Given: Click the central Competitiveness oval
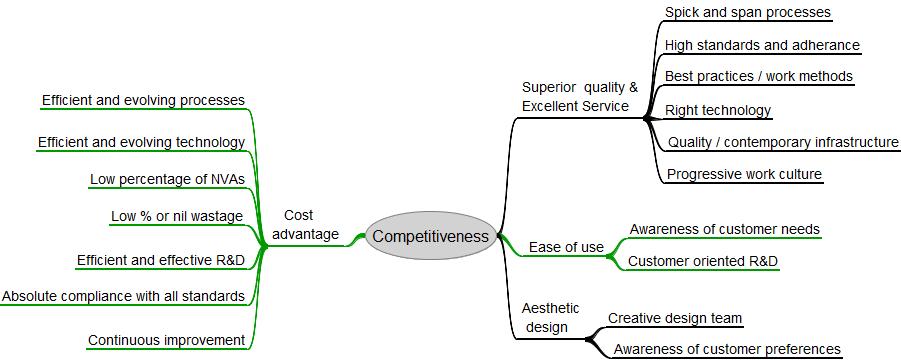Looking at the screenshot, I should [x=430, y=237].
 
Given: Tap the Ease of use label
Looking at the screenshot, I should [x=566, y=247].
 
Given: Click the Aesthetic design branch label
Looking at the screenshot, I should [x=549, y=317].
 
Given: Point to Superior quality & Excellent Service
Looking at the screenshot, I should [x=579, y=96].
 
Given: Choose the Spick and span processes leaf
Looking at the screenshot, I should [x=747, y=13].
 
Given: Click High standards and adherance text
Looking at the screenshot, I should [x=762, y=45].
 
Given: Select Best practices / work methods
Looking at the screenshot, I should [x=759, y=76].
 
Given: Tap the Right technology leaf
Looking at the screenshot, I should [x=717, y=110].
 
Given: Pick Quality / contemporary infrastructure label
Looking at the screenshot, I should [x=783, y=142].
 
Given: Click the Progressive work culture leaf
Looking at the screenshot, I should [x=744, y=174].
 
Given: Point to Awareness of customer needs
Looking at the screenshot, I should [x=724, y=229].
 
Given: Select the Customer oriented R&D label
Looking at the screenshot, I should [x=703, y=262].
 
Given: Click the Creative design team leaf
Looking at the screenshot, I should [x=675, y=318].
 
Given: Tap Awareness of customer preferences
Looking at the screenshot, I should [x=726, y=349].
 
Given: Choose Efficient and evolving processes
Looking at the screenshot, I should [x=143, y=100].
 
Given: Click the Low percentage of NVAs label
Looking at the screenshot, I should [x=167, y=179].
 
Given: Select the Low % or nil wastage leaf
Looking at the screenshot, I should [x=177, y=216].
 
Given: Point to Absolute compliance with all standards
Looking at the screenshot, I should [x=123, y=296].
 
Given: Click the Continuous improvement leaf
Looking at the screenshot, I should [x=166, y=340].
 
